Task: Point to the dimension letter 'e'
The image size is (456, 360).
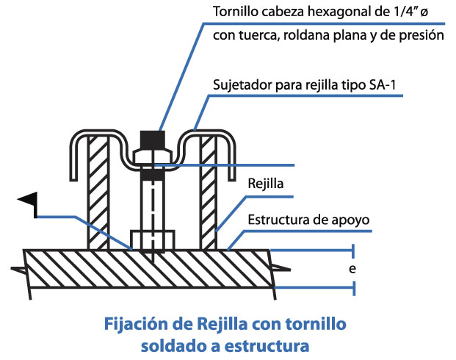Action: [352, 269]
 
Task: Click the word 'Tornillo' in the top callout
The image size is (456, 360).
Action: [234, 12]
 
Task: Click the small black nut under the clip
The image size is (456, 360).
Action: [152, 176]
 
